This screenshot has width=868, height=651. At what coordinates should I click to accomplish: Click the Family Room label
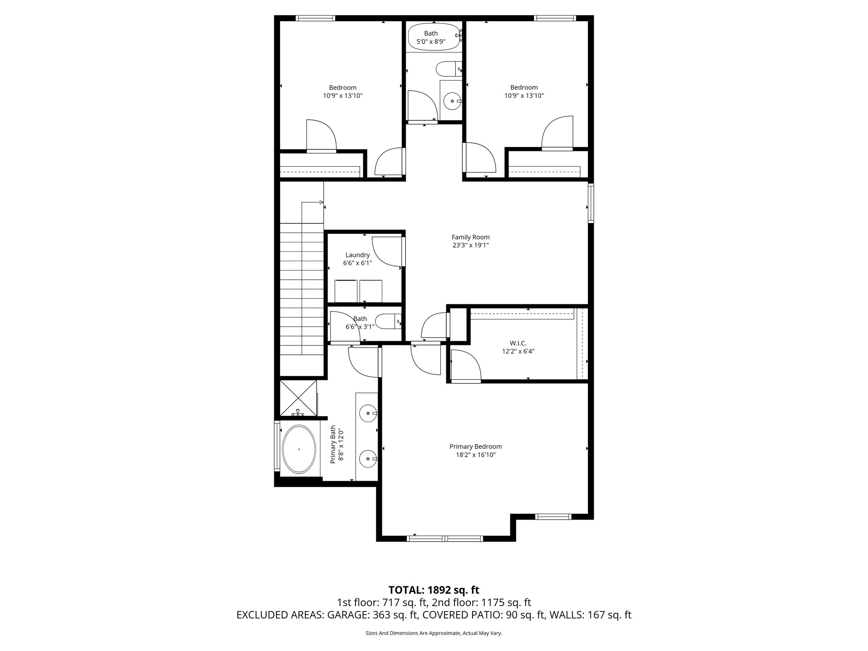click(x=470, y=237)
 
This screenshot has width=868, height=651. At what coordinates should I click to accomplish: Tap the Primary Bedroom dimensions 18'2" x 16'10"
click(x=476, y=455)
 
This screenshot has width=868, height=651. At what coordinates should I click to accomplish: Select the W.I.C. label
click(x=518, y=343)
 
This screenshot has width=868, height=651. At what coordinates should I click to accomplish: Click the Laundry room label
click(x=357, y=255)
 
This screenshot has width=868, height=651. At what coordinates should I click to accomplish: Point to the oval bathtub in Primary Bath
click(x=299, y=449)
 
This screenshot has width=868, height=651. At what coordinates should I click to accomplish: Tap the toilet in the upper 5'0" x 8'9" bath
click(x=447, y=68)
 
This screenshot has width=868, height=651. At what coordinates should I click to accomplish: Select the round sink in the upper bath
click(x=452, y=101)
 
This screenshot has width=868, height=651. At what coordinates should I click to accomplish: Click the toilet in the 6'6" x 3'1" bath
click(x=387, y=322)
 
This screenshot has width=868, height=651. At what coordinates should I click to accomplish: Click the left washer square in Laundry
click(x=347, y=291)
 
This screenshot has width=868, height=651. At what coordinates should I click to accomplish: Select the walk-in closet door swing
click(x=465, y=366)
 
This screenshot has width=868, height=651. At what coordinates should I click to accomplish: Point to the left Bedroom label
click(x=342, y=88)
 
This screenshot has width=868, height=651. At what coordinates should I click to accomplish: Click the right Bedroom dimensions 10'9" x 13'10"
click(x=524, y=96)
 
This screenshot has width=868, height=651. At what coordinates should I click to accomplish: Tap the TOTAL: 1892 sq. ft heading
click(x=434, y=590)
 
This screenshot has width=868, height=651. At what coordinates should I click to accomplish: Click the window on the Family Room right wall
click(x=590, y=203)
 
